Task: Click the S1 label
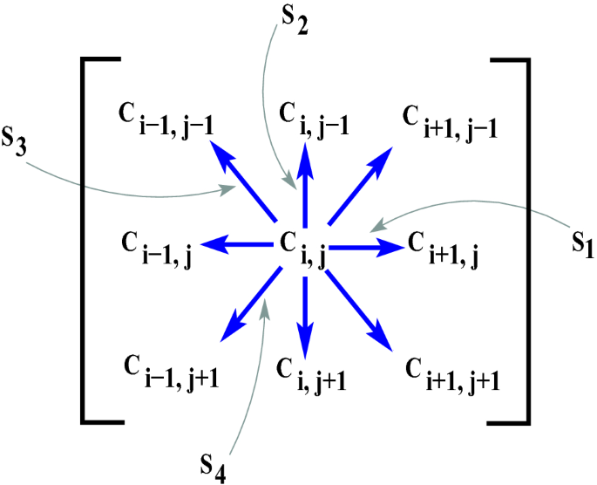[577, 247]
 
